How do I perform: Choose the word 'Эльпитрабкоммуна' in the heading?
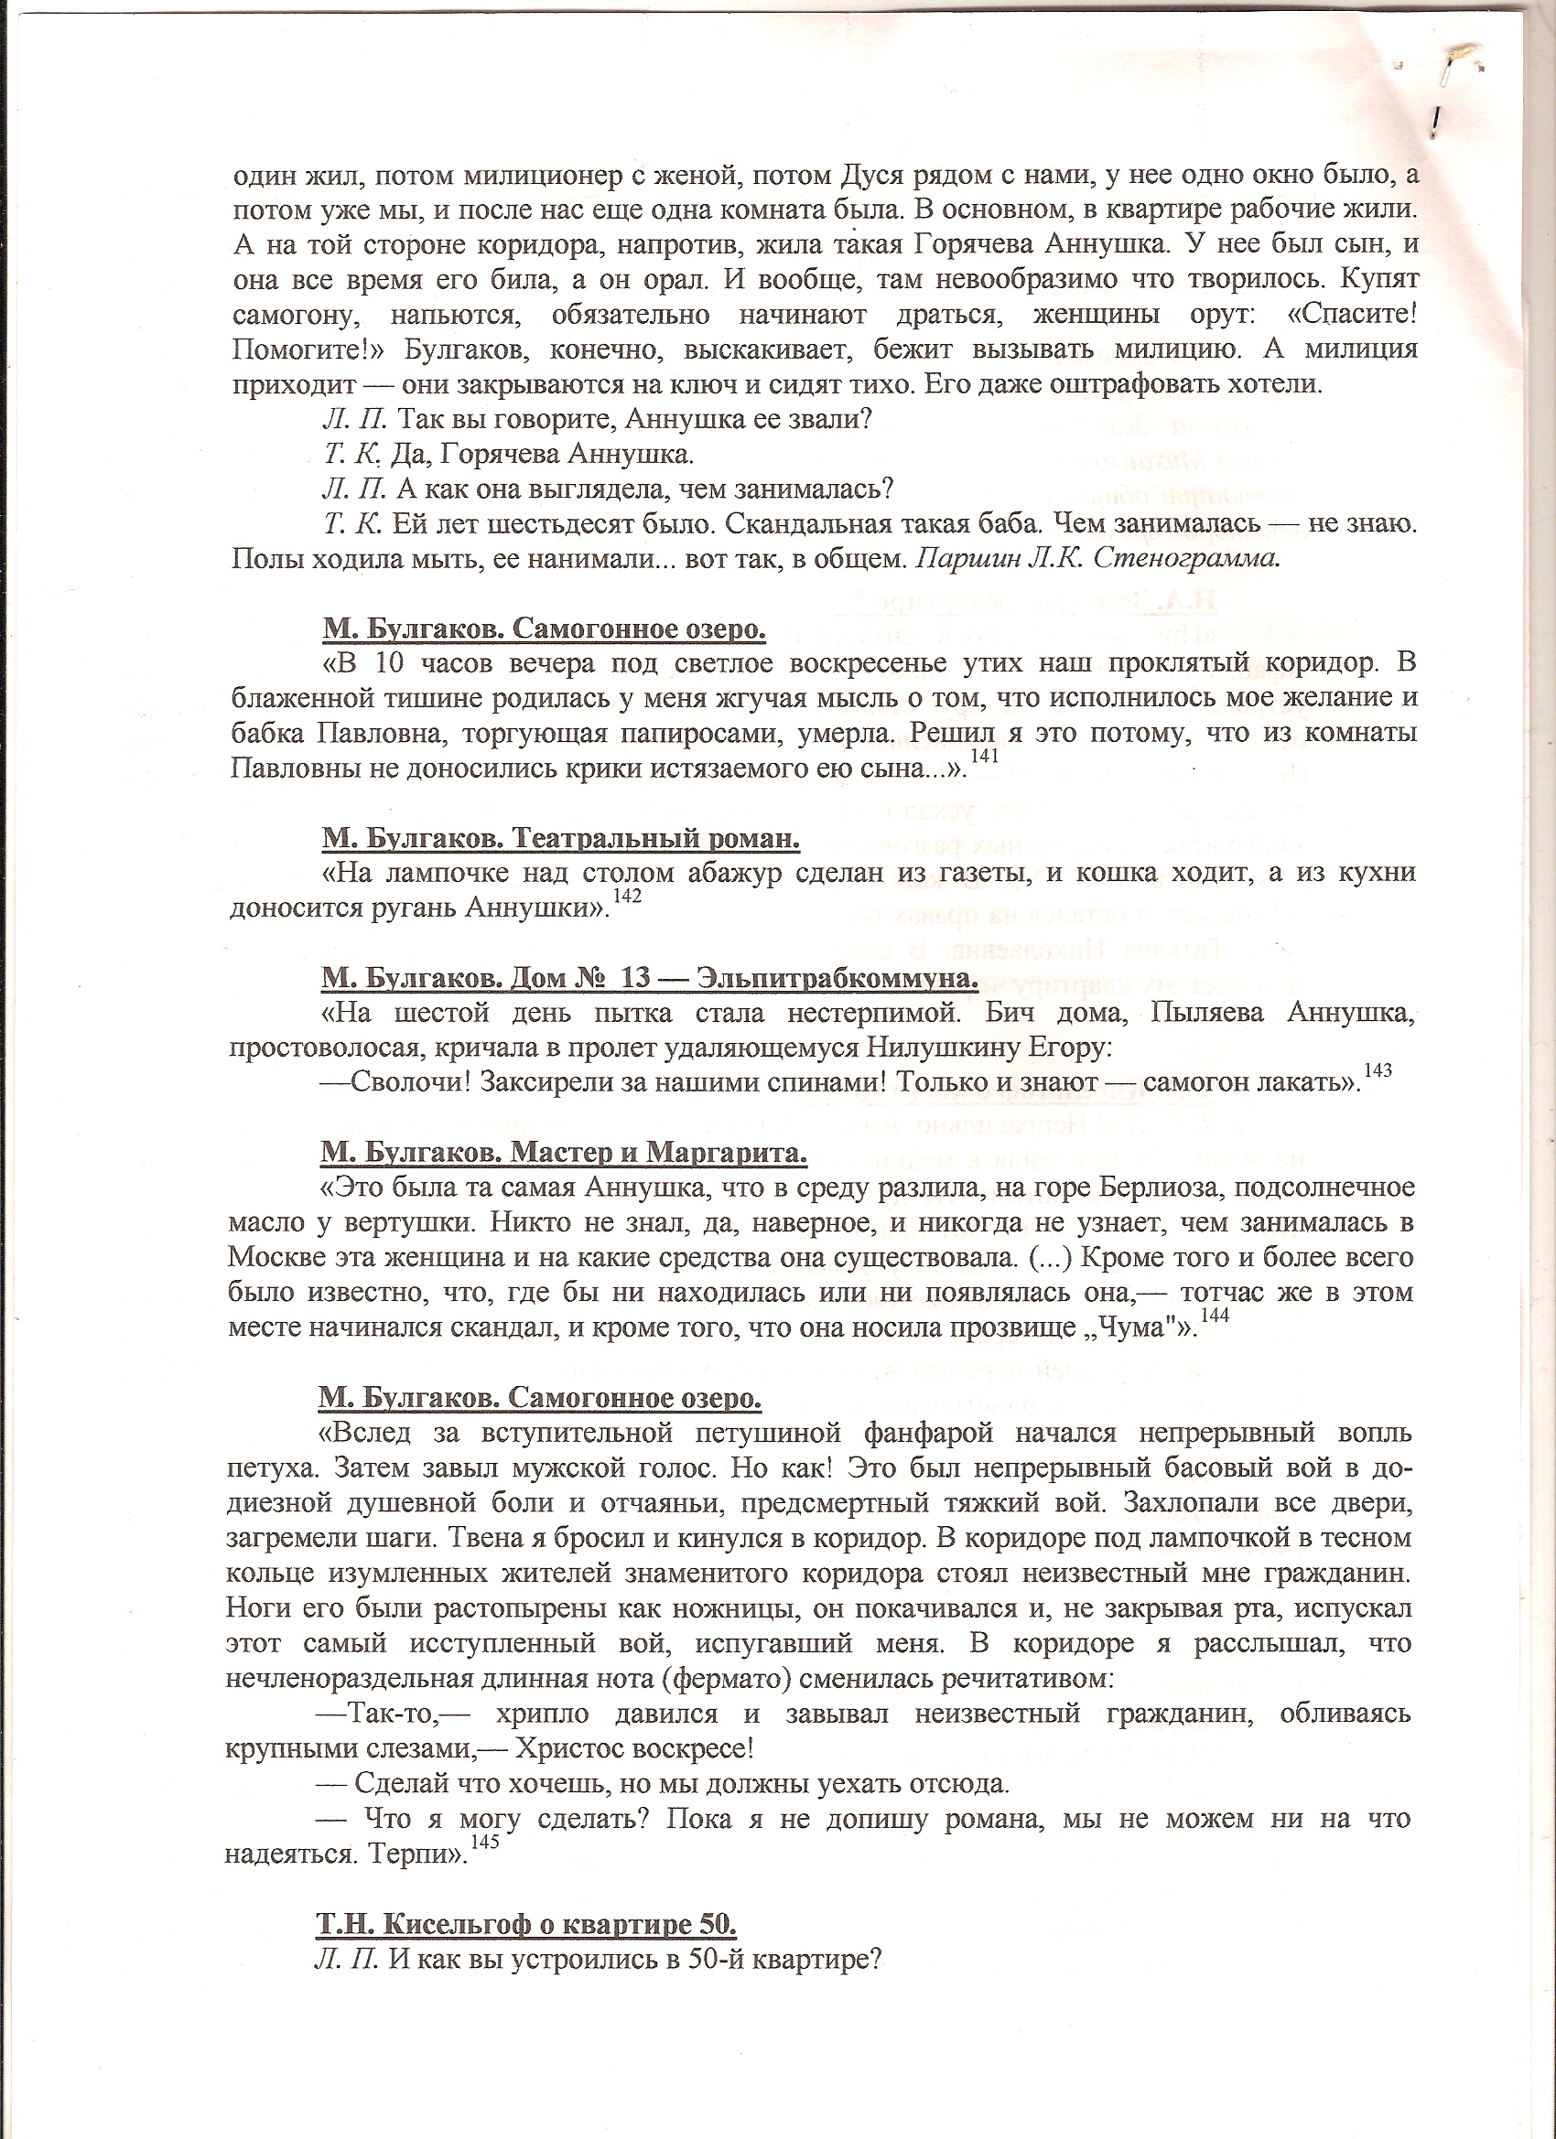click(835, 978)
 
